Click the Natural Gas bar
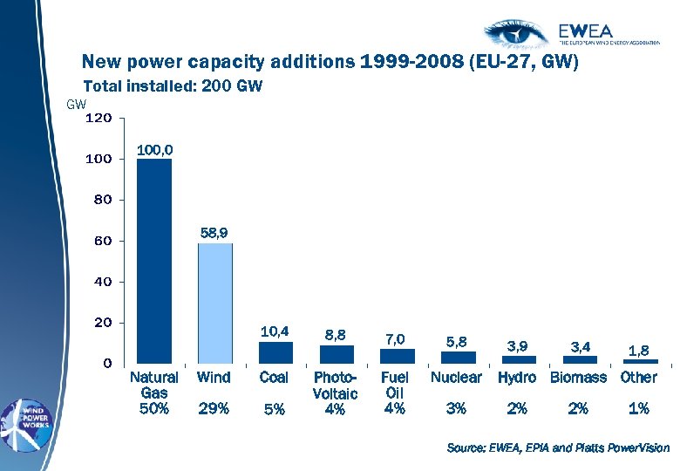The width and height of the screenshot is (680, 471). click(x=154, y=260)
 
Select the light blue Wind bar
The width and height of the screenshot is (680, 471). click(x=214, y=303)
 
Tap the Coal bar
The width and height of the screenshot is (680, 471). click(x=275, y=352)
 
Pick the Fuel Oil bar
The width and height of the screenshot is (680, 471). click(x=397, y=356)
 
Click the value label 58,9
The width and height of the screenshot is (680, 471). click(x=214, y=233)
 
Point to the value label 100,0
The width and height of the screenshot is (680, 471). click(x=154, y=150)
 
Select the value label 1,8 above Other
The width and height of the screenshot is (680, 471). click(x=639, y=350)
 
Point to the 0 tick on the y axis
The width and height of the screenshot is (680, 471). click(x=106, y=363)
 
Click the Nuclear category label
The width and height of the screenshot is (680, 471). click(x=456, y=378)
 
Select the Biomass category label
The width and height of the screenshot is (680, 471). click(x=578, y=378)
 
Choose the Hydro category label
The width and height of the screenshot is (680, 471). click(x=517, y=378)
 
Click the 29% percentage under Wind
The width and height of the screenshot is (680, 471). click(x=214, y=407)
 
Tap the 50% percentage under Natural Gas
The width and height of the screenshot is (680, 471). click(x=154, y=407)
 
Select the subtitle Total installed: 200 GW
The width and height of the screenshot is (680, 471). click(x=172, y=86)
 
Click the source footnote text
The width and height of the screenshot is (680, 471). click(x=558, y=447)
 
